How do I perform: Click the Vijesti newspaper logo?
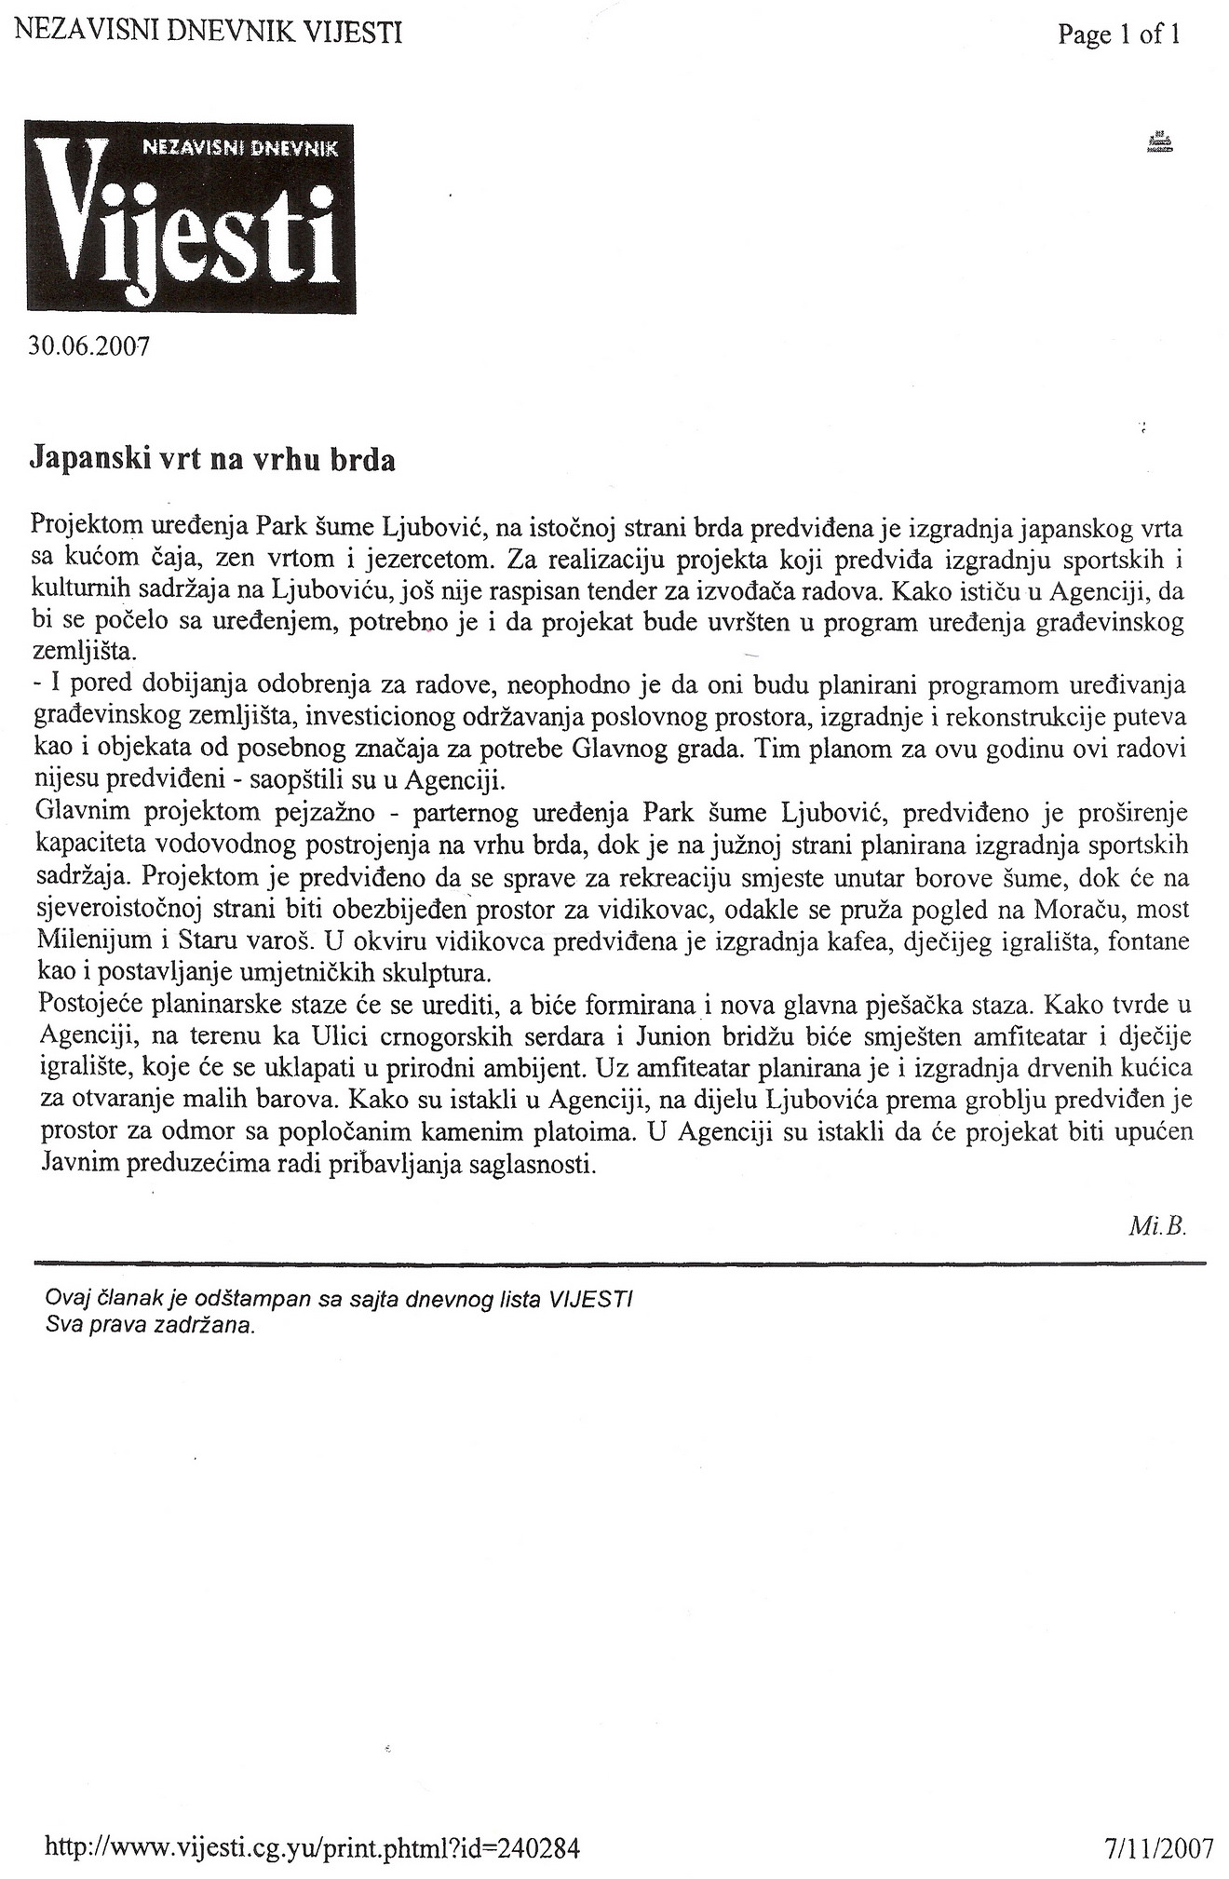(x=190, y=217)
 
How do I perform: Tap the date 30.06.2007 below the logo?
(x=89, y=346)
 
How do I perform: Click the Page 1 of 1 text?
(x=1118, y=35)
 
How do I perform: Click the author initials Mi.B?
(x=1158, y=1225)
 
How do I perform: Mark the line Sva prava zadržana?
(x=150, y=1326)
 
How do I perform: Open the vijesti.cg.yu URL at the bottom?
(x=312, y=1847)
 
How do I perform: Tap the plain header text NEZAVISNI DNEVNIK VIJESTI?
(x=209, y=34)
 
